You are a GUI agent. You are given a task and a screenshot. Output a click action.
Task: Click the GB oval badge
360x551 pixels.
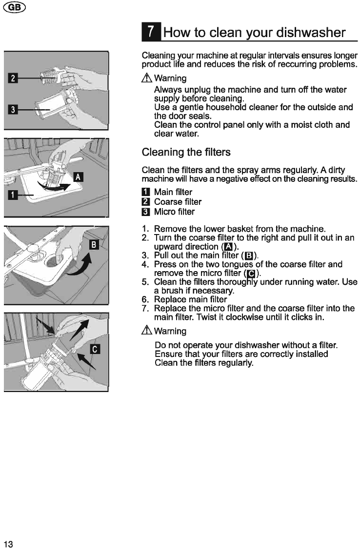(x=15, y=7)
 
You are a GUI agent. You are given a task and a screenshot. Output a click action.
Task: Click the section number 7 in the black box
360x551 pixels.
(x=151, y=32)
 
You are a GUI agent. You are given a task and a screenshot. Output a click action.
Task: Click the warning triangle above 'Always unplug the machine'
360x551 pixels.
(x=147, y=78)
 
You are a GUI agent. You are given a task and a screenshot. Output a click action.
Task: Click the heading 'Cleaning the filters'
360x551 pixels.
(x=186, y=152)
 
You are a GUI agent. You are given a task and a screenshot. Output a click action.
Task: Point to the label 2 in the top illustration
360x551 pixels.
(x=13, y=78)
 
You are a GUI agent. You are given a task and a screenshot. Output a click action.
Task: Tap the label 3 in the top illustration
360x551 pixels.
(x=13, y=110)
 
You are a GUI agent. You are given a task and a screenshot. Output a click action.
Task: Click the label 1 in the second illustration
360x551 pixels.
(x=13, y=195)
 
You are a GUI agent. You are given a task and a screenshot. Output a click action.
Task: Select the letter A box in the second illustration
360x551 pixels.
(x=78, y=177)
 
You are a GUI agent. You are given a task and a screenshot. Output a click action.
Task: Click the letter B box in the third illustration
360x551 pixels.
(x=94, y=244)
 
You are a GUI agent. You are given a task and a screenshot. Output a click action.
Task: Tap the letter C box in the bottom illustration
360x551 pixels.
(x=95, y=349)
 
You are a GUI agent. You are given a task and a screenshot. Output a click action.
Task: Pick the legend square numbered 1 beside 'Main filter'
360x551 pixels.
(x=146, y=192)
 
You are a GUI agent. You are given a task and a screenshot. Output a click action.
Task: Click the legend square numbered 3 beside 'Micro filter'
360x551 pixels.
(x=146, y=212)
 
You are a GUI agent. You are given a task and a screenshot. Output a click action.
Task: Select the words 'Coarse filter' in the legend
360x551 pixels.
(x=178, y=202)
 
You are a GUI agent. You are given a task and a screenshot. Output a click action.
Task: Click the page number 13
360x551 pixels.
(x=8, y=544)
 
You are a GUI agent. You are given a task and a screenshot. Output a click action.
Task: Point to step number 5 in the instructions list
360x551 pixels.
(x=145, y=282)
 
